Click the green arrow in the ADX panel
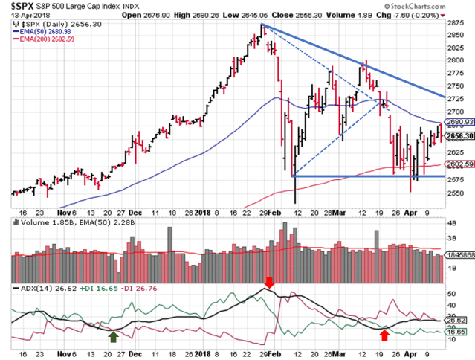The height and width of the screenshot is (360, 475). (x=112, y=336)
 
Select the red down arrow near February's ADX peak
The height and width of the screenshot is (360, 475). (x=268, y=284)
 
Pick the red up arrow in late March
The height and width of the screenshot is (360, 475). (x=384, y=336)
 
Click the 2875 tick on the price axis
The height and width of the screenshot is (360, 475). (x=450, y=25)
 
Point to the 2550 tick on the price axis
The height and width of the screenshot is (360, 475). (x=450, y=193)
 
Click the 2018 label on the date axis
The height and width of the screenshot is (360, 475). (x=202, y=211)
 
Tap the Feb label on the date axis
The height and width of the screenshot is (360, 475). (x=274, y=211)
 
